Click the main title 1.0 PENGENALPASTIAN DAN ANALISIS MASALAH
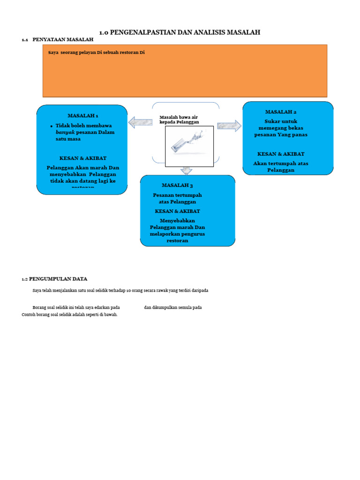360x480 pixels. tap(180, 32)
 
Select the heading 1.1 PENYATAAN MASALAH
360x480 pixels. tap(58, 40)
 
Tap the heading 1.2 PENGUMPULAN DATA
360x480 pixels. tap(54, 279)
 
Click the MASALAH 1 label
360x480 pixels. tap(83, 115)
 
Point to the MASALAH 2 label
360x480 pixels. tap(281, 112)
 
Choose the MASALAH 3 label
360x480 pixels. tap(177, 186)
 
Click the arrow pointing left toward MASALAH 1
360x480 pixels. tap(140, 123)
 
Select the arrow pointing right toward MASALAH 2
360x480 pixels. tap(229, 126)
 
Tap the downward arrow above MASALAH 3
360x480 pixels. tap(187, 171)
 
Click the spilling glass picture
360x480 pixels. tap(189, 146)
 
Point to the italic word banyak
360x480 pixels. tap(65, 132)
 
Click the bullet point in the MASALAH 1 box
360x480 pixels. tap(51, 126)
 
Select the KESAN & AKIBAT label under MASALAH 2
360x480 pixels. tap(281, 154)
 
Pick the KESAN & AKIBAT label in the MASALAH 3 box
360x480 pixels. tap(178, 211)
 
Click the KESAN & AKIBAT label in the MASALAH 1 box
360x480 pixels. tap(83, 158)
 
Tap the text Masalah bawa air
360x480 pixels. tap(179, 117)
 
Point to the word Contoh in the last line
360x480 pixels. tap(29, 315)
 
